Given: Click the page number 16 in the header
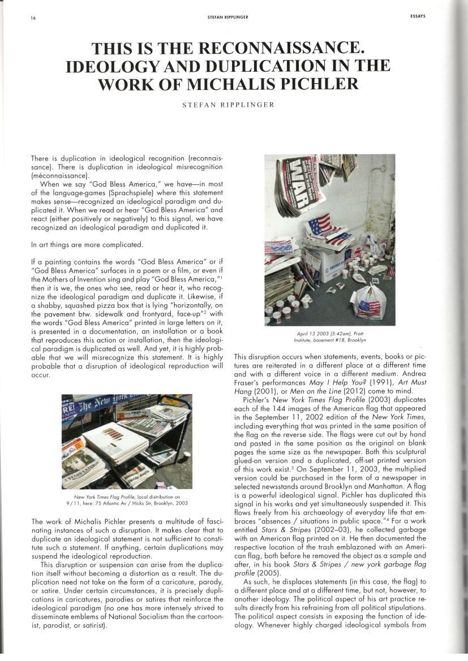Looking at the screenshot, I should tap(33, 18).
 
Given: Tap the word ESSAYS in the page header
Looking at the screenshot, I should tap(417, 16).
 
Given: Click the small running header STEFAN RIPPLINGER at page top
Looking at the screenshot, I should tap(227, 17).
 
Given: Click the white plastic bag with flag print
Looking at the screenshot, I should tap(369, 304).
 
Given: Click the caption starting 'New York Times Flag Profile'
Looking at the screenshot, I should tap(126, 499).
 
